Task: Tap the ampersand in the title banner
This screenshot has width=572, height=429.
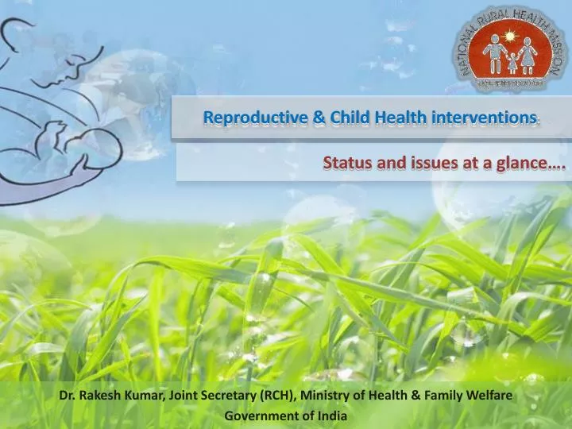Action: (x=318, y=118)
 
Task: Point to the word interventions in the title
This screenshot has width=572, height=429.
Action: (x=484, y=118)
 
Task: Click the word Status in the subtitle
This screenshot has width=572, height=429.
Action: (x=345, y=163)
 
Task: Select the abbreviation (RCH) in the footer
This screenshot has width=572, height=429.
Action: (x=271, y=395)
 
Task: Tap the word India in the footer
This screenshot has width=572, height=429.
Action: (x=333, y=415)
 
